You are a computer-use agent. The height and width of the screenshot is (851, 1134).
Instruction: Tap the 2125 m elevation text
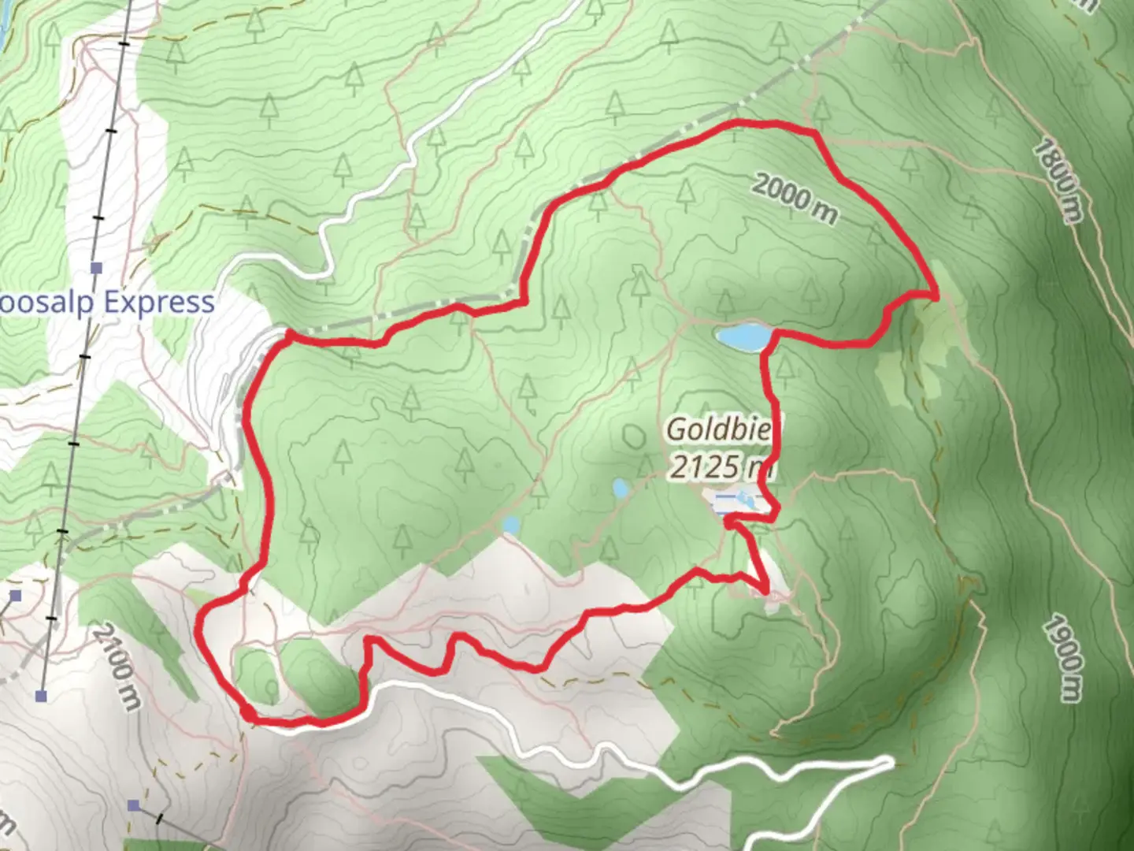pyautogui.click(x=718, y=466)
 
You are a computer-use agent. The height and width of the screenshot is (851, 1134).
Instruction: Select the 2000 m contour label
pyautogui.click(x=794, y=199)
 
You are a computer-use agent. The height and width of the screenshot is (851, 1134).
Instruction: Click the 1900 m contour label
pyautogui.click(x=1063, y=658)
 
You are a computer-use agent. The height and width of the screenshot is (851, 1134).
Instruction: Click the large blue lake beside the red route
pyautogui.click(x=743, y=336)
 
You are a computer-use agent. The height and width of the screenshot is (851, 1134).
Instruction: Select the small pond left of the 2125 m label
pyautogui.click(x=621, y=489)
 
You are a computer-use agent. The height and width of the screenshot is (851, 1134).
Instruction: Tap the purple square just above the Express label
pyautogui.click(x=96, y=268)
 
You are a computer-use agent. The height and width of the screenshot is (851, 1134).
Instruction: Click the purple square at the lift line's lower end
pyautogui.click(x=41, y=696)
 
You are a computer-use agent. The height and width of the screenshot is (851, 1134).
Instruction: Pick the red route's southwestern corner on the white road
pyautogui.click(x=248, y=715)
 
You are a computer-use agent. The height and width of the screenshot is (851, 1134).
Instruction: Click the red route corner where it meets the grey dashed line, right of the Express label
pyautogui.click(x=288, y=336)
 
